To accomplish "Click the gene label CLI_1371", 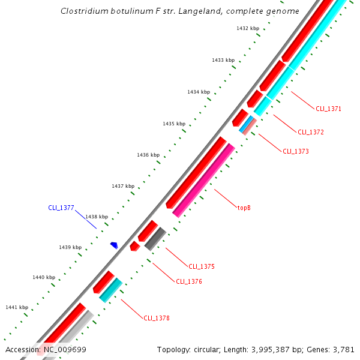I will (x=328, y=109).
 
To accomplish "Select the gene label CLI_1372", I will (x=311, y=132).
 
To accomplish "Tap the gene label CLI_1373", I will (x=296, y=151).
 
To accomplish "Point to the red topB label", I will (x=244, y=208).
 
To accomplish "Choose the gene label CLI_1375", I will (x=202, y=266).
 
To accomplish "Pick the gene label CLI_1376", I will (x=188, y=281).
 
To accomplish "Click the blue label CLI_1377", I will (x=61, y=208).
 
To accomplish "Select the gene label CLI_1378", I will (x=157, y=318).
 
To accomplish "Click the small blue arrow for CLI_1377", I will (x=113, y=245).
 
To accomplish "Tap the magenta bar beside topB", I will (x=203, y=180).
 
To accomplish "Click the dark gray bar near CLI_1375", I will (x=155, y=238).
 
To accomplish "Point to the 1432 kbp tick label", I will (x=248, y=28).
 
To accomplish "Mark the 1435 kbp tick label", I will (x=174, y=124).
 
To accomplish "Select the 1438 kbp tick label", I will (x=97, y=217).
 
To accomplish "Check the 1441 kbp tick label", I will (x=17, y=307).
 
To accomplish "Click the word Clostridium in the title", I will (x=84, y=11).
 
